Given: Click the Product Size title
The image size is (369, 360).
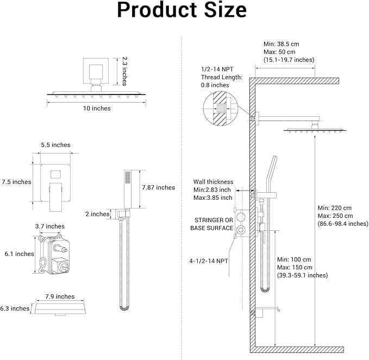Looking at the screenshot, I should pos(182,11).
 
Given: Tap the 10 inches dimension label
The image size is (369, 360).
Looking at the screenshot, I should pos(97,108).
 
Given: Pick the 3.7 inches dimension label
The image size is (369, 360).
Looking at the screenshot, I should pos(50,226).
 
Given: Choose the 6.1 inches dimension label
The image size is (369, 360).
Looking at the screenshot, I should pos(16,254).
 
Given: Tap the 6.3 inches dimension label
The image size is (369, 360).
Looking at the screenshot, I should pos(15,308).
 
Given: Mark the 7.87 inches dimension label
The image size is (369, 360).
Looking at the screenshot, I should pos(158,187).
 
